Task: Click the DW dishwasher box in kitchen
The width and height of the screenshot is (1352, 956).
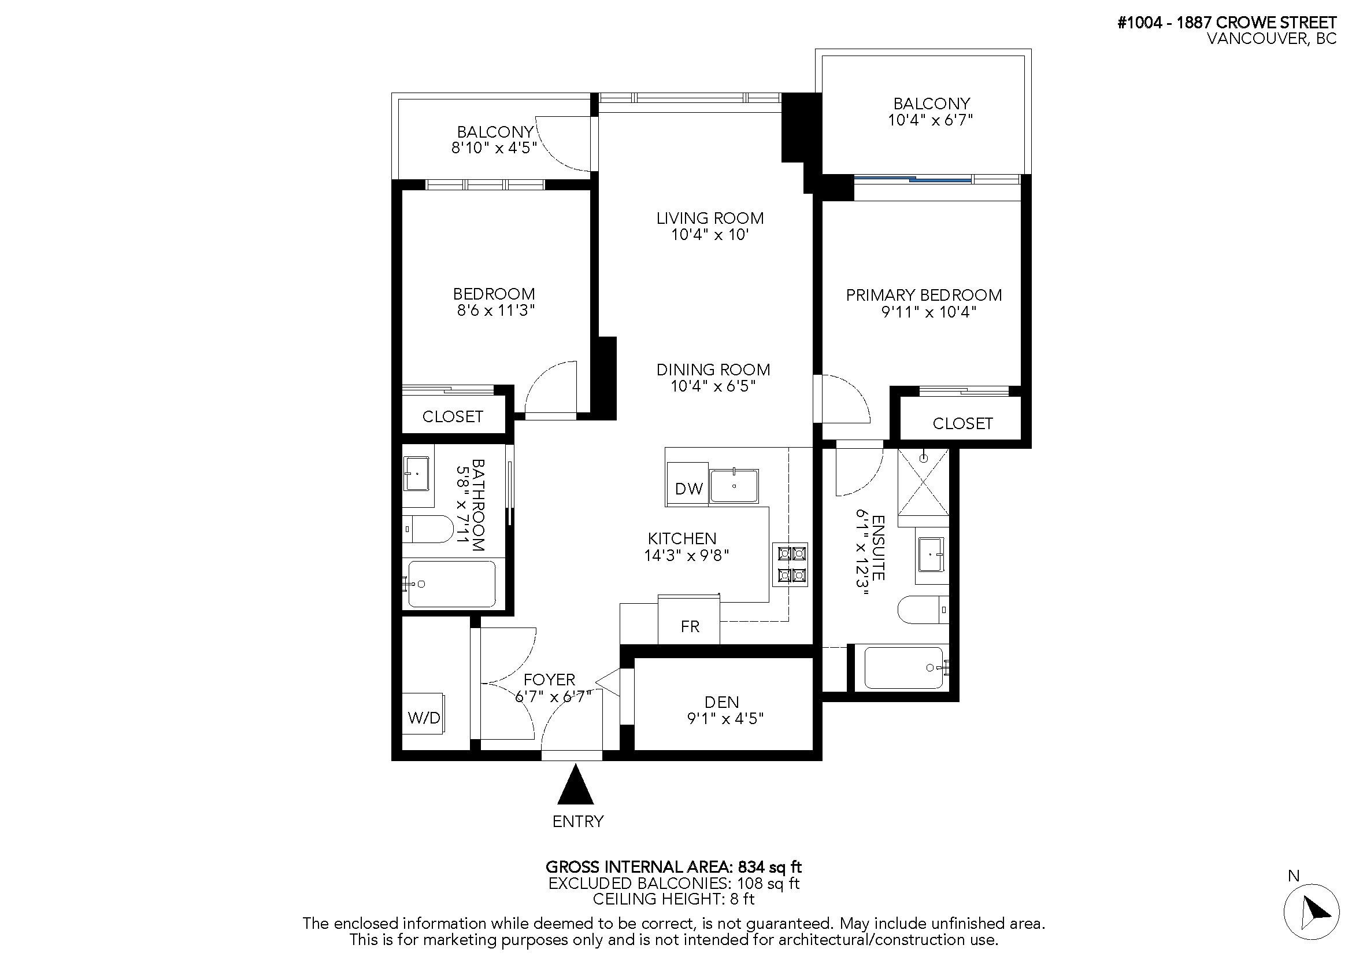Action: point(688,488)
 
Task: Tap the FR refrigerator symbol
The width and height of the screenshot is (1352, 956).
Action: point(689,626)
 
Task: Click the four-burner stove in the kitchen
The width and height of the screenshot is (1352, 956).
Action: point(790,564)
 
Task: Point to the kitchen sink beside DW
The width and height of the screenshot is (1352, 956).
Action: point(734,486)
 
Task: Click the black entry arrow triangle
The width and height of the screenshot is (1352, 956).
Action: point(575,785)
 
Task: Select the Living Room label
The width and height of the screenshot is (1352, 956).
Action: point(710,219)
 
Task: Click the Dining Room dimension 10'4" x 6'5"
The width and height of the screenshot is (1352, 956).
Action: point(713,386)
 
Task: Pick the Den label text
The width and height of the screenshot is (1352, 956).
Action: point(721,702)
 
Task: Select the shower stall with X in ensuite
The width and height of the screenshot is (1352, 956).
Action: point(923,481)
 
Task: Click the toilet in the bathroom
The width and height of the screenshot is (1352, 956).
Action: point(428,529)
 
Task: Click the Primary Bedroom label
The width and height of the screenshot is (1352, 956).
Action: point(923,295)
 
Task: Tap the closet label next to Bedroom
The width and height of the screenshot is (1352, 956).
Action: point(452,416)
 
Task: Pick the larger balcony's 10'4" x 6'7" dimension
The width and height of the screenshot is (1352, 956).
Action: point(930,120)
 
